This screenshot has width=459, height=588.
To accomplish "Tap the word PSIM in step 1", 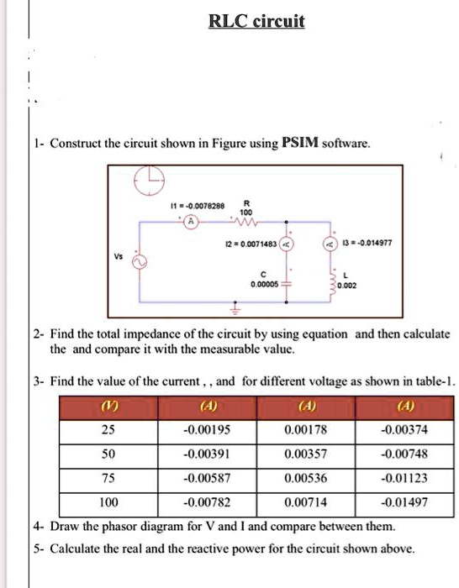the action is tap(298, 144).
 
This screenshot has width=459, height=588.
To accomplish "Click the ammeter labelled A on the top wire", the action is tap(191, 223).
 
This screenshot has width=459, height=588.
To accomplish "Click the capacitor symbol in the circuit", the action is tap(288, 285).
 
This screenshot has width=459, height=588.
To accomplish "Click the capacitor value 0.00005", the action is tap(263, 285).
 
